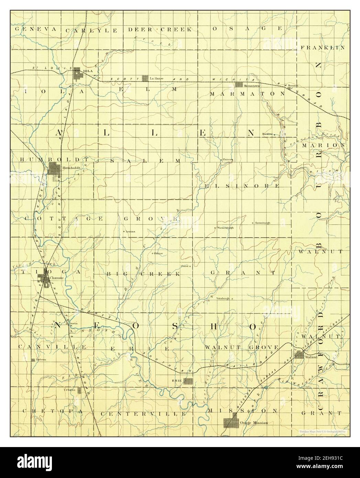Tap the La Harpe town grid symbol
[145, 78]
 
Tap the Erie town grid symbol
[188, 381]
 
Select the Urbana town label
[70, 390]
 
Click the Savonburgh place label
[262, 223]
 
